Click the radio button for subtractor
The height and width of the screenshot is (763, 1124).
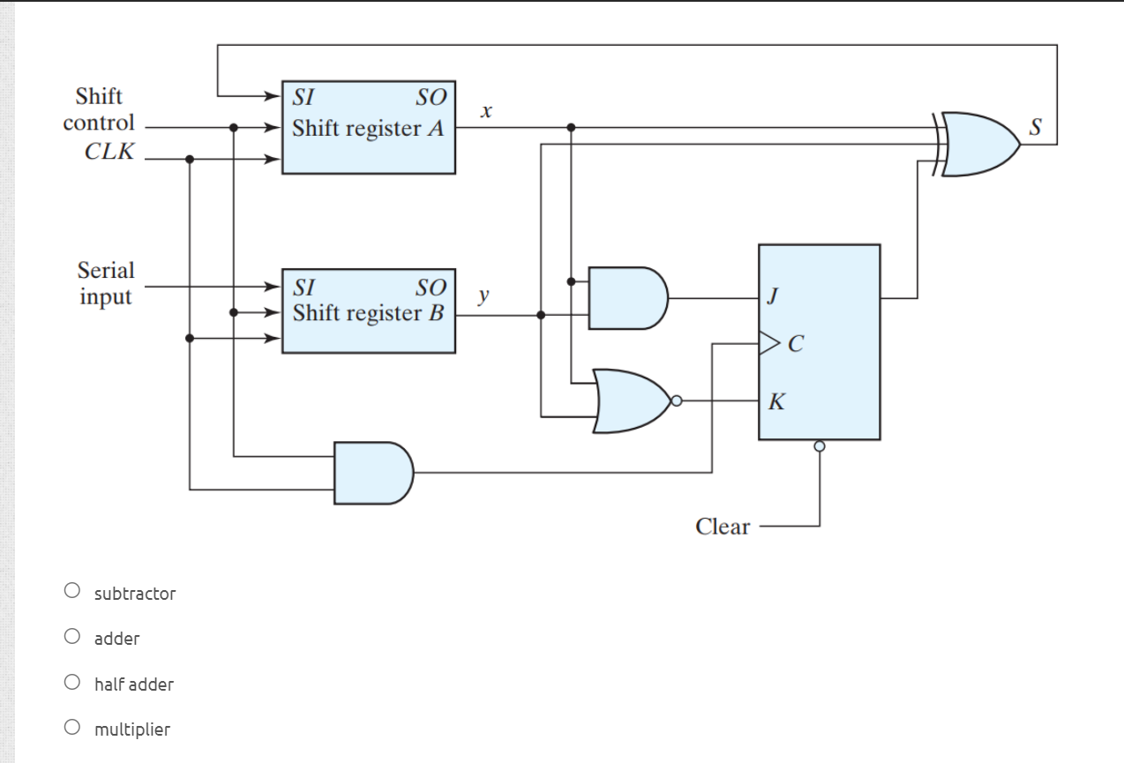(72, 591)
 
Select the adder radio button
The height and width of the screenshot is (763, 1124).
(72, 636)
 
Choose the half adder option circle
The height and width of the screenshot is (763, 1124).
(72, 682)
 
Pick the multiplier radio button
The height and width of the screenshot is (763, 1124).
(72, 728)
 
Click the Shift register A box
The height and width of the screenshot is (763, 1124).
(368, 127)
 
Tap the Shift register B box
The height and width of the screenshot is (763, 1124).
(368, 311)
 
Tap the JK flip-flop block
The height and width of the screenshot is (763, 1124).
(819, 341)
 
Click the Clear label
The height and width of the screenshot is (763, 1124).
(722, 527)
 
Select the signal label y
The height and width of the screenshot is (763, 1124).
(483, 295)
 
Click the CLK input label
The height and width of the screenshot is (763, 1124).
(109, 151)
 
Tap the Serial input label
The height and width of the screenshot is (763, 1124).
(106, 283)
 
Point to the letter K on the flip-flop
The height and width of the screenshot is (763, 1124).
(775, 403)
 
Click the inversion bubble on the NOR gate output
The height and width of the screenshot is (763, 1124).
(676, 400)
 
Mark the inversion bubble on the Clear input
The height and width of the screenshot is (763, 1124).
(820, 446)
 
